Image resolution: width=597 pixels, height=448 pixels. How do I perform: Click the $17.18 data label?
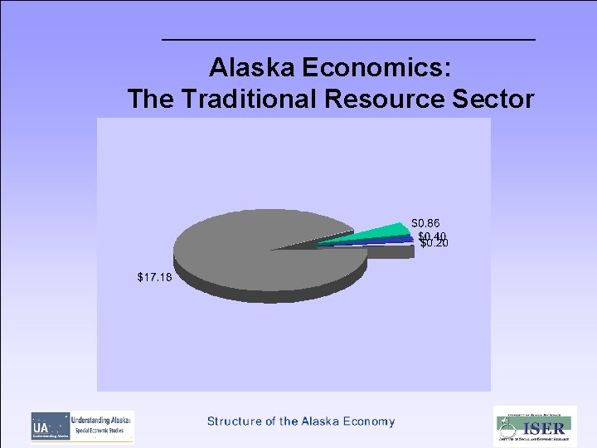pyautogui.click(x=155, y=277)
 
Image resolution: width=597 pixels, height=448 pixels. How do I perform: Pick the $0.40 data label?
pyautogui.click(x=431, y=236)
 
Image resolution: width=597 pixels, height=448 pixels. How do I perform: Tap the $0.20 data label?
pyautogui.click(x=434, y=244)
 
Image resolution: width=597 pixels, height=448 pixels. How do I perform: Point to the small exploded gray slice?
pyautogui.click(x=390, y=251)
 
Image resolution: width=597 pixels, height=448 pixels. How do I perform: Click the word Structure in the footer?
pyautogui.click(x=235, y=421)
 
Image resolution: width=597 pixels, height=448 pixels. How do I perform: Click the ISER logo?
pyautogui.click(x=535, y=426)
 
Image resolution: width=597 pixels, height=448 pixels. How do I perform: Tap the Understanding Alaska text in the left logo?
pyautogui.click(x=101, y=421)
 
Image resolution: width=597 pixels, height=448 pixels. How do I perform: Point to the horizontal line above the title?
pyautogui.click(x=348, y=40)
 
